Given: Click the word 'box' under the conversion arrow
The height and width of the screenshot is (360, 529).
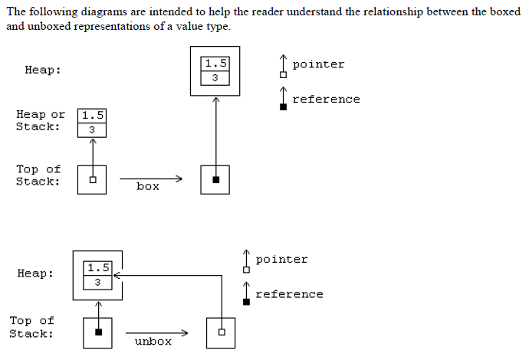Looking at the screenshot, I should tap(148, 186).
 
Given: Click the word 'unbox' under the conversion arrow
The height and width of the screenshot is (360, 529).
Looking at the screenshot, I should tap(153, 341).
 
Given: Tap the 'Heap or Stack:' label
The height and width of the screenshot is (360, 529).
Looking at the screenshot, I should tap(40, 121).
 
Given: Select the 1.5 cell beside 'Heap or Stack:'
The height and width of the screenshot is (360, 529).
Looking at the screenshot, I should tap(92, 115).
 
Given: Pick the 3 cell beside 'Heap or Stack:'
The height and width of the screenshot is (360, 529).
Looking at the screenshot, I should tap(92, 129).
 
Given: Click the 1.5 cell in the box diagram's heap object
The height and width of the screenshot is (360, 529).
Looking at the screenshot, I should tap(215, 64).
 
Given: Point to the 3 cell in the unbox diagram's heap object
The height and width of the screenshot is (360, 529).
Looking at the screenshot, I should tap(97, 282).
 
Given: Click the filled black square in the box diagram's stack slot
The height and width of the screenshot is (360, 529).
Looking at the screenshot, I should tap(215, 180).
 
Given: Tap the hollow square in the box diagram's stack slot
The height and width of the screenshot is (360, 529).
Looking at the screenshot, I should tap(92, 180).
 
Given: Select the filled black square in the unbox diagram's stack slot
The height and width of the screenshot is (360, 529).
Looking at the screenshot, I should tap(98, 332).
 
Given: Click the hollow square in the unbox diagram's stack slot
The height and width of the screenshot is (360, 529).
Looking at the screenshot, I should tap(221, 332).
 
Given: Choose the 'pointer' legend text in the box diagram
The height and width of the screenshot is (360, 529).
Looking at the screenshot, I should tap(318, 64).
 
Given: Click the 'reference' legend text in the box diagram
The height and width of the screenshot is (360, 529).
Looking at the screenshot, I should tap(326, 99).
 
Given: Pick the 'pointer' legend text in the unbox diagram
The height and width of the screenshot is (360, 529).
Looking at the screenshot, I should tap(281, 260).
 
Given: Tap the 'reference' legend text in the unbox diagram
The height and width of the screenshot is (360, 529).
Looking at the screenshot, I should tap(289, 294).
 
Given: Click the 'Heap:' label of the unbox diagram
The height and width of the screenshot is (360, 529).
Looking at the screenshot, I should tap(35, 274).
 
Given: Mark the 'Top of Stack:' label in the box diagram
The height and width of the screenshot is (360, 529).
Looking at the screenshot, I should tap(38, 175).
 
